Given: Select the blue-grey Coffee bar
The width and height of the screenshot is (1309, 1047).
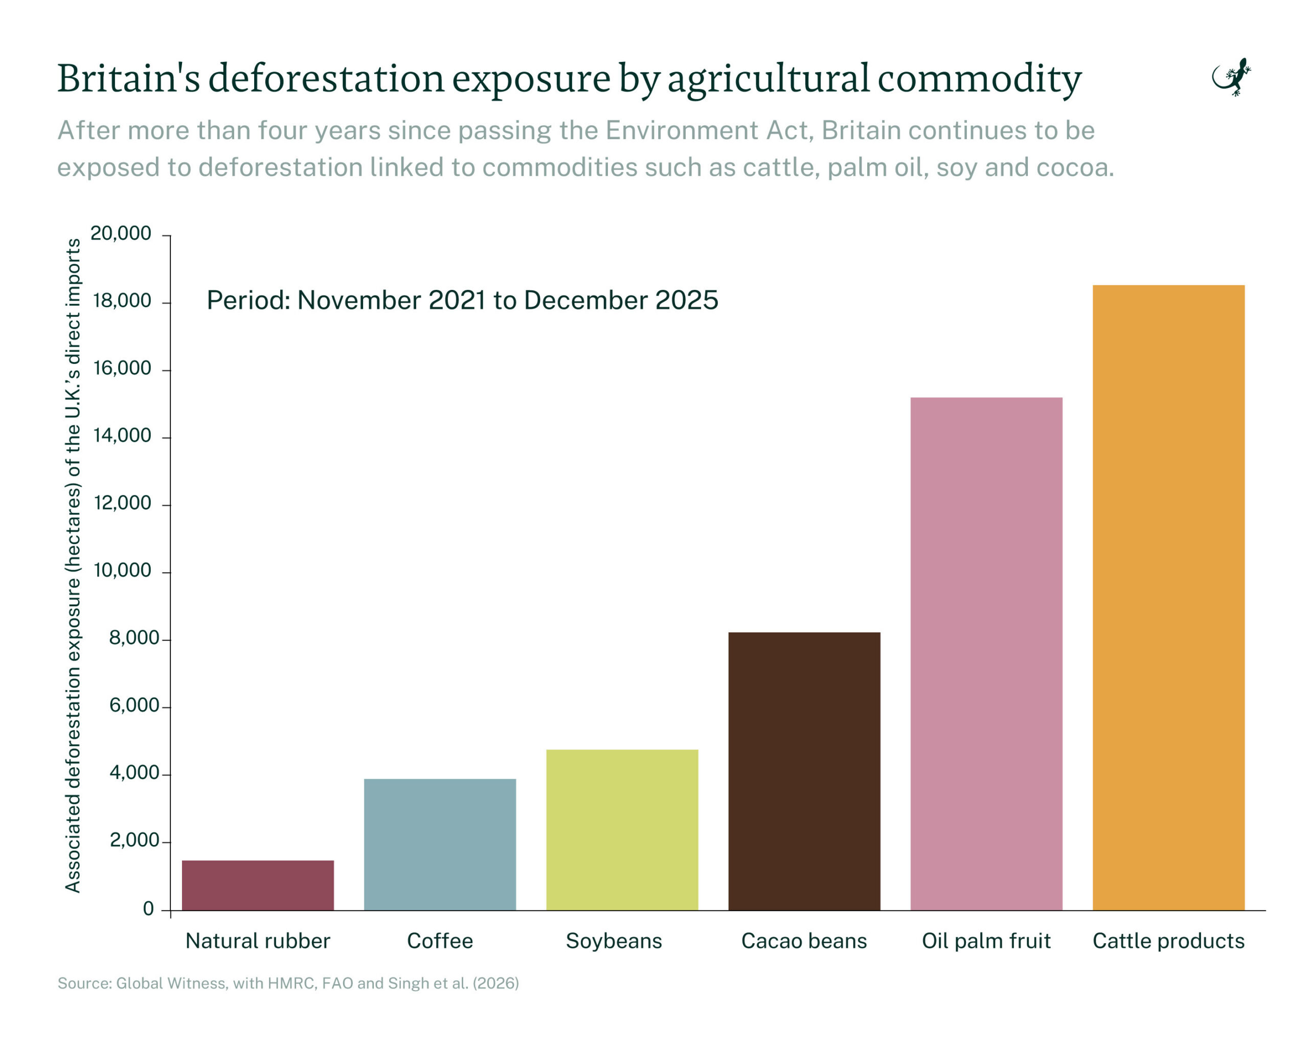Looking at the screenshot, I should pyautogui.click(x=440, y=844).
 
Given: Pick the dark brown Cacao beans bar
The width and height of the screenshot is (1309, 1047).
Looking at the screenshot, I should pyautogui.click(x=804, y=771).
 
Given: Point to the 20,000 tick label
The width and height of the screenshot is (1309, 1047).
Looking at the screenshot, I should pyautogui.click(x=121, y=233).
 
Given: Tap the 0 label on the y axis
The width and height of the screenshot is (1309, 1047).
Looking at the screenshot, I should pyautogui.click(x=148, y=908).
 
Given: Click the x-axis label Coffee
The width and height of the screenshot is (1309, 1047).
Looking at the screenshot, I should pyautogui.click(x=440, y=941).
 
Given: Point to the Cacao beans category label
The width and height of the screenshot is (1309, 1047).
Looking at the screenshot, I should pyautogui.click(x=804, y=941).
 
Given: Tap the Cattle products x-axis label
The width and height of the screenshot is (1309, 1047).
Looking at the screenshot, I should pyautogui.click(x=1168, y=941).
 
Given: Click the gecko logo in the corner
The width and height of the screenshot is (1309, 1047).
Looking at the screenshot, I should pyautogui.click(x=1231, y=78).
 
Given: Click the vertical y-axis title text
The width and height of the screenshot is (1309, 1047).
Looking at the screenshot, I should pyautogui.click(x=73, y=564).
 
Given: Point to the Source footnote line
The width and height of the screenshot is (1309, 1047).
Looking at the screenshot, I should pyautogui.click(x=288, y=983).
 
